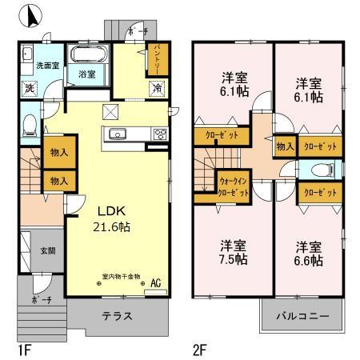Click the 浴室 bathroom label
click(x=86, y=74)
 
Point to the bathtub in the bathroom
click(x=86, y=56)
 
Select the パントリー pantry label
click(x=158, y=58)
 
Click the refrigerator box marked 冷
click(x=158, y=86)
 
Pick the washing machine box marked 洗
click(x=28, y=86)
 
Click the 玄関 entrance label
click(x=49, y=250)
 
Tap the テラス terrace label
click(x=117, y=316)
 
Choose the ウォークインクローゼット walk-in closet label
click(x=233, y=187)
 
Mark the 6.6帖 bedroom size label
click(x=307, y=261)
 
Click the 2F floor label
click(x=199, y=350)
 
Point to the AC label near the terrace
click(x=155, y=282)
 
